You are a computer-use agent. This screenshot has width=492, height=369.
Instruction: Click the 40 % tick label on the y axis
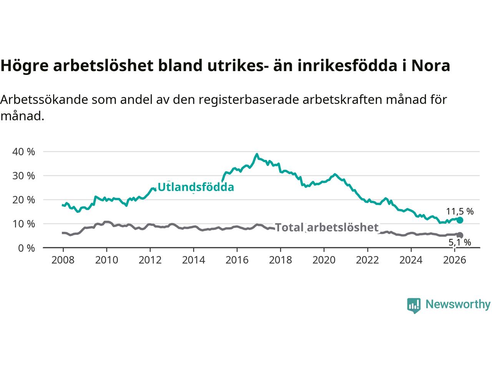click(x=23, y=152)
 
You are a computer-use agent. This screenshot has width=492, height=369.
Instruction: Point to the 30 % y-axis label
click(x=23, y=176)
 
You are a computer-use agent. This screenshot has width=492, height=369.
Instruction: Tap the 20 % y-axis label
click(x=23, y=200)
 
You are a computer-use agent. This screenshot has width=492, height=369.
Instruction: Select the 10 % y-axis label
click(x=23, y=224)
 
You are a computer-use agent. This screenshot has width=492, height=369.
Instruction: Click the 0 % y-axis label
click(x=27, y=248)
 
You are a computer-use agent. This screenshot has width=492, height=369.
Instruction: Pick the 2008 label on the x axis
click(x=63, y=260)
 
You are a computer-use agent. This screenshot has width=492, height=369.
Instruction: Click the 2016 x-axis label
click(x=237, y=260)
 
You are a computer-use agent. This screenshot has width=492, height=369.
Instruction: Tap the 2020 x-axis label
click(x=324, y=260)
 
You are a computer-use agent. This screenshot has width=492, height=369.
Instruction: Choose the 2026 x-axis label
click(x=455, y=260)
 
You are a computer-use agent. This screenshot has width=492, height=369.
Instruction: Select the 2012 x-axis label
click(x=150, y=260)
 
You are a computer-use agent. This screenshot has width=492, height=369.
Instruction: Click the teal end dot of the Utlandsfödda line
click(x=460, y=220)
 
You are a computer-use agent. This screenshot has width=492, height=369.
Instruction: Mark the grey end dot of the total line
click(x=460, y=235)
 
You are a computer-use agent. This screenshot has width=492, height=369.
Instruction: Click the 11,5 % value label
click(x=460, y=211)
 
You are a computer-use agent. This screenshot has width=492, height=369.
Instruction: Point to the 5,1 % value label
click(x=460, y=243)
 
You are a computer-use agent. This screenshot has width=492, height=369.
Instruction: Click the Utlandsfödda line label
click(x=196, y=187)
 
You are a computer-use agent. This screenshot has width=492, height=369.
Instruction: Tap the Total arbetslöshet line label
click(x=327, y=228)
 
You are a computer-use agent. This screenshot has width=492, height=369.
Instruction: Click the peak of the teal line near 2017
click(x=257, y=154)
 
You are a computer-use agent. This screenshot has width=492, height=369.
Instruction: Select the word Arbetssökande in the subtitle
click(x=44, y=100)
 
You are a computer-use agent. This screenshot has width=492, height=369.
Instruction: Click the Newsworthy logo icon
click(x=414, y=306)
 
